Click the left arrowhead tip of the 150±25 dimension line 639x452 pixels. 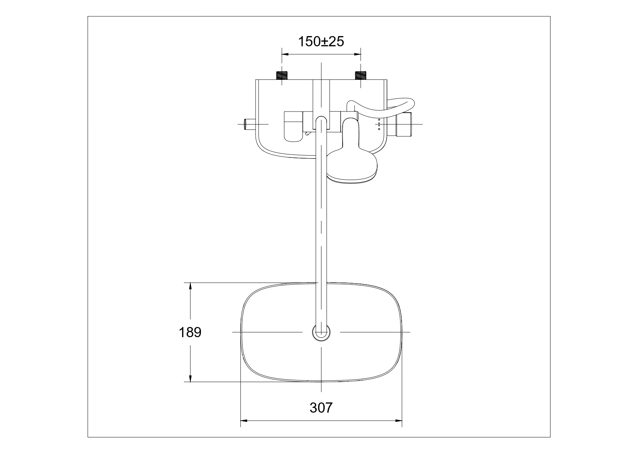click(x=283, y=54)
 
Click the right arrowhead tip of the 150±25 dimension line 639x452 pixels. click(x=361, y=54)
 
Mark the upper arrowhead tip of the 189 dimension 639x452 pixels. click(x=190, y=283)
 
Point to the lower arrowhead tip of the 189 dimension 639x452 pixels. click(x=190, y=382)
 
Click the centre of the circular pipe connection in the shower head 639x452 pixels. click(x=322, y=332)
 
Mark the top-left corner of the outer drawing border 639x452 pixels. click(x=88, y=16)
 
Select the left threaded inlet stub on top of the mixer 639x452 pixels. click(x=282, y=75)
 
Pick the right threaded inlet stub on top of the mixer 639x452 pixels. click(x=360, y=75)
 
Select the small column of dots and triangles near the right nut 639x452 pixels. click(x=379, y=124)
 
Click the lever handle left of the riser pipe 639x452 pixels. click(x=293, y=126)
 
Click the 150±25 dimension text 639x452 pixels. click(x=321, y=42)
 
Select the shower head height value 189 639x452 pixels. click(x=190, y=332)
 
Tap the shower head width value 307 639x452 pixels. click(x=321, y=408)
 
